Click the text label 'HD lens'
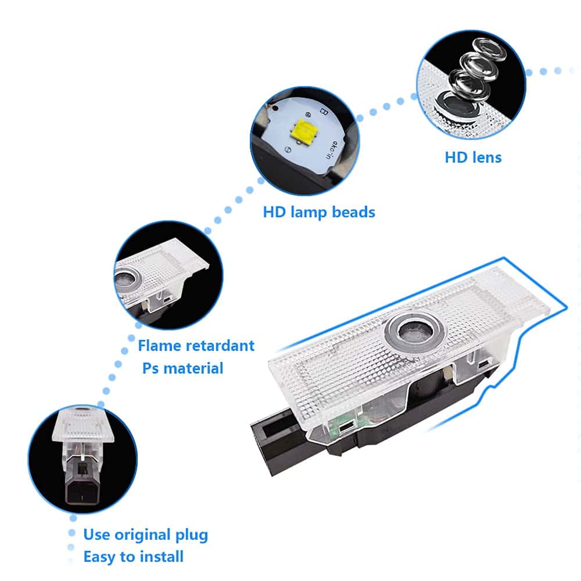pyautogui.click(x=473, y=157)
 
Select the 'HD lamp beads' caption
pyautogui.click(x=319, y=212)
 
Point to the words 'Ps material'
pyautogui.click(x=182, y=368)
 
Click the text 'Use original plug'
pyautogui.click(x=145, y=535)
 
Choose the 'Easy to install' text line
pyautogui.click(x=133, y=557)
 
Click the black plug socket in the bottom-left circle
pyautogui.click(x=81, y=479)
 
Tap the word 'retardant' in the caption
pyautogui.click(x=221, y=346)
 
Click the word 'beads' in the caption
pyautogui.click(x=354, y=212)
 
